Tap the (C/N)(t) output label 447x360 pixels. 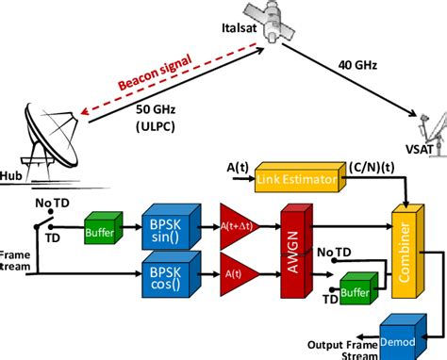click(367, 168)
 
